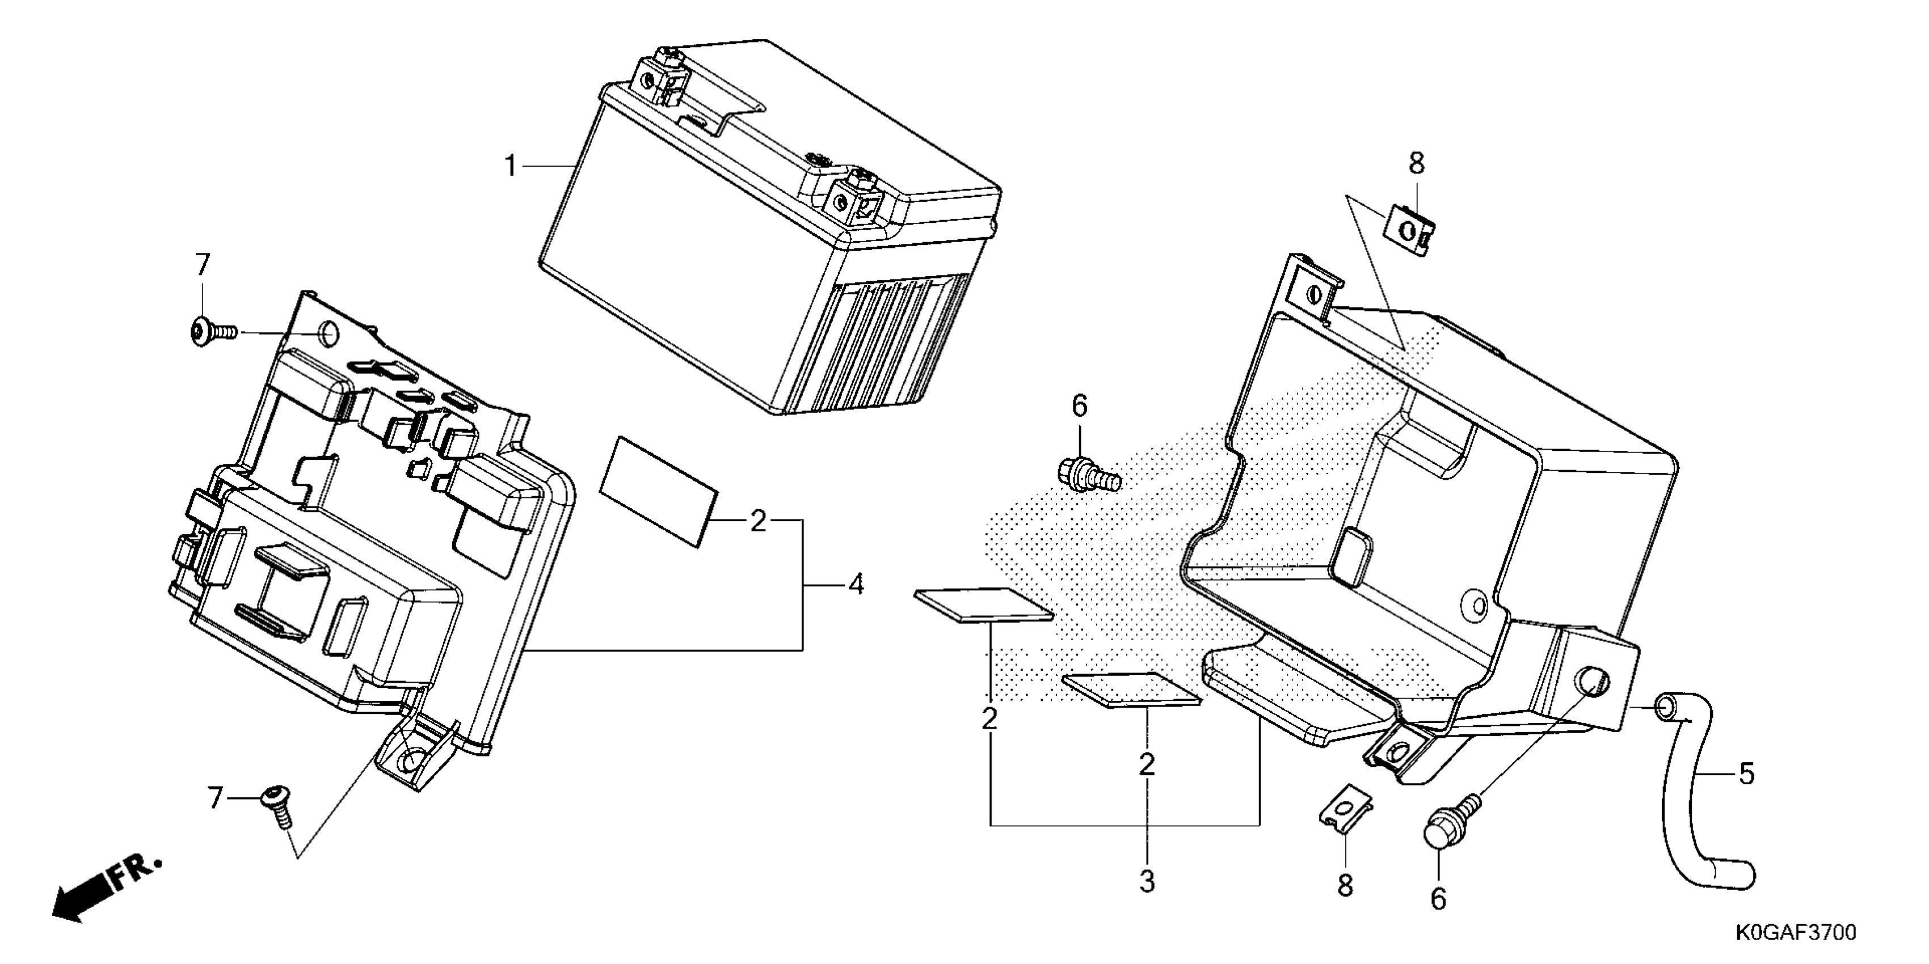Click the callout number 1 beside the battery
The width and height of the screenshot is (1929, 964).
[x=510, y=166]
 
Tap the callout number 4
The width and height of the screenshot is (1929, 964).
[x=856, y=584]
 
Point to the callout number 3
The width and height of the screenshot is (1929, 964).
[x=1147, y=882]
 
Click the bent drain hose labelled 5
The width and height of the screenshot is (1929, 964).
[x=1700, y=801]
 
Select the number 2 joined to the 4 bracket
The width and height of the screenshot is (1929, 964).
[x=758, y=521]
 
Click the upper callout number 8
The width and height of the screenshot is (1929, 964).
[x=1416, y=164]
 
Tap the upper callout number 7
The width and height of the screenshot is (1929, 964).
[x=202, y=264]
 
